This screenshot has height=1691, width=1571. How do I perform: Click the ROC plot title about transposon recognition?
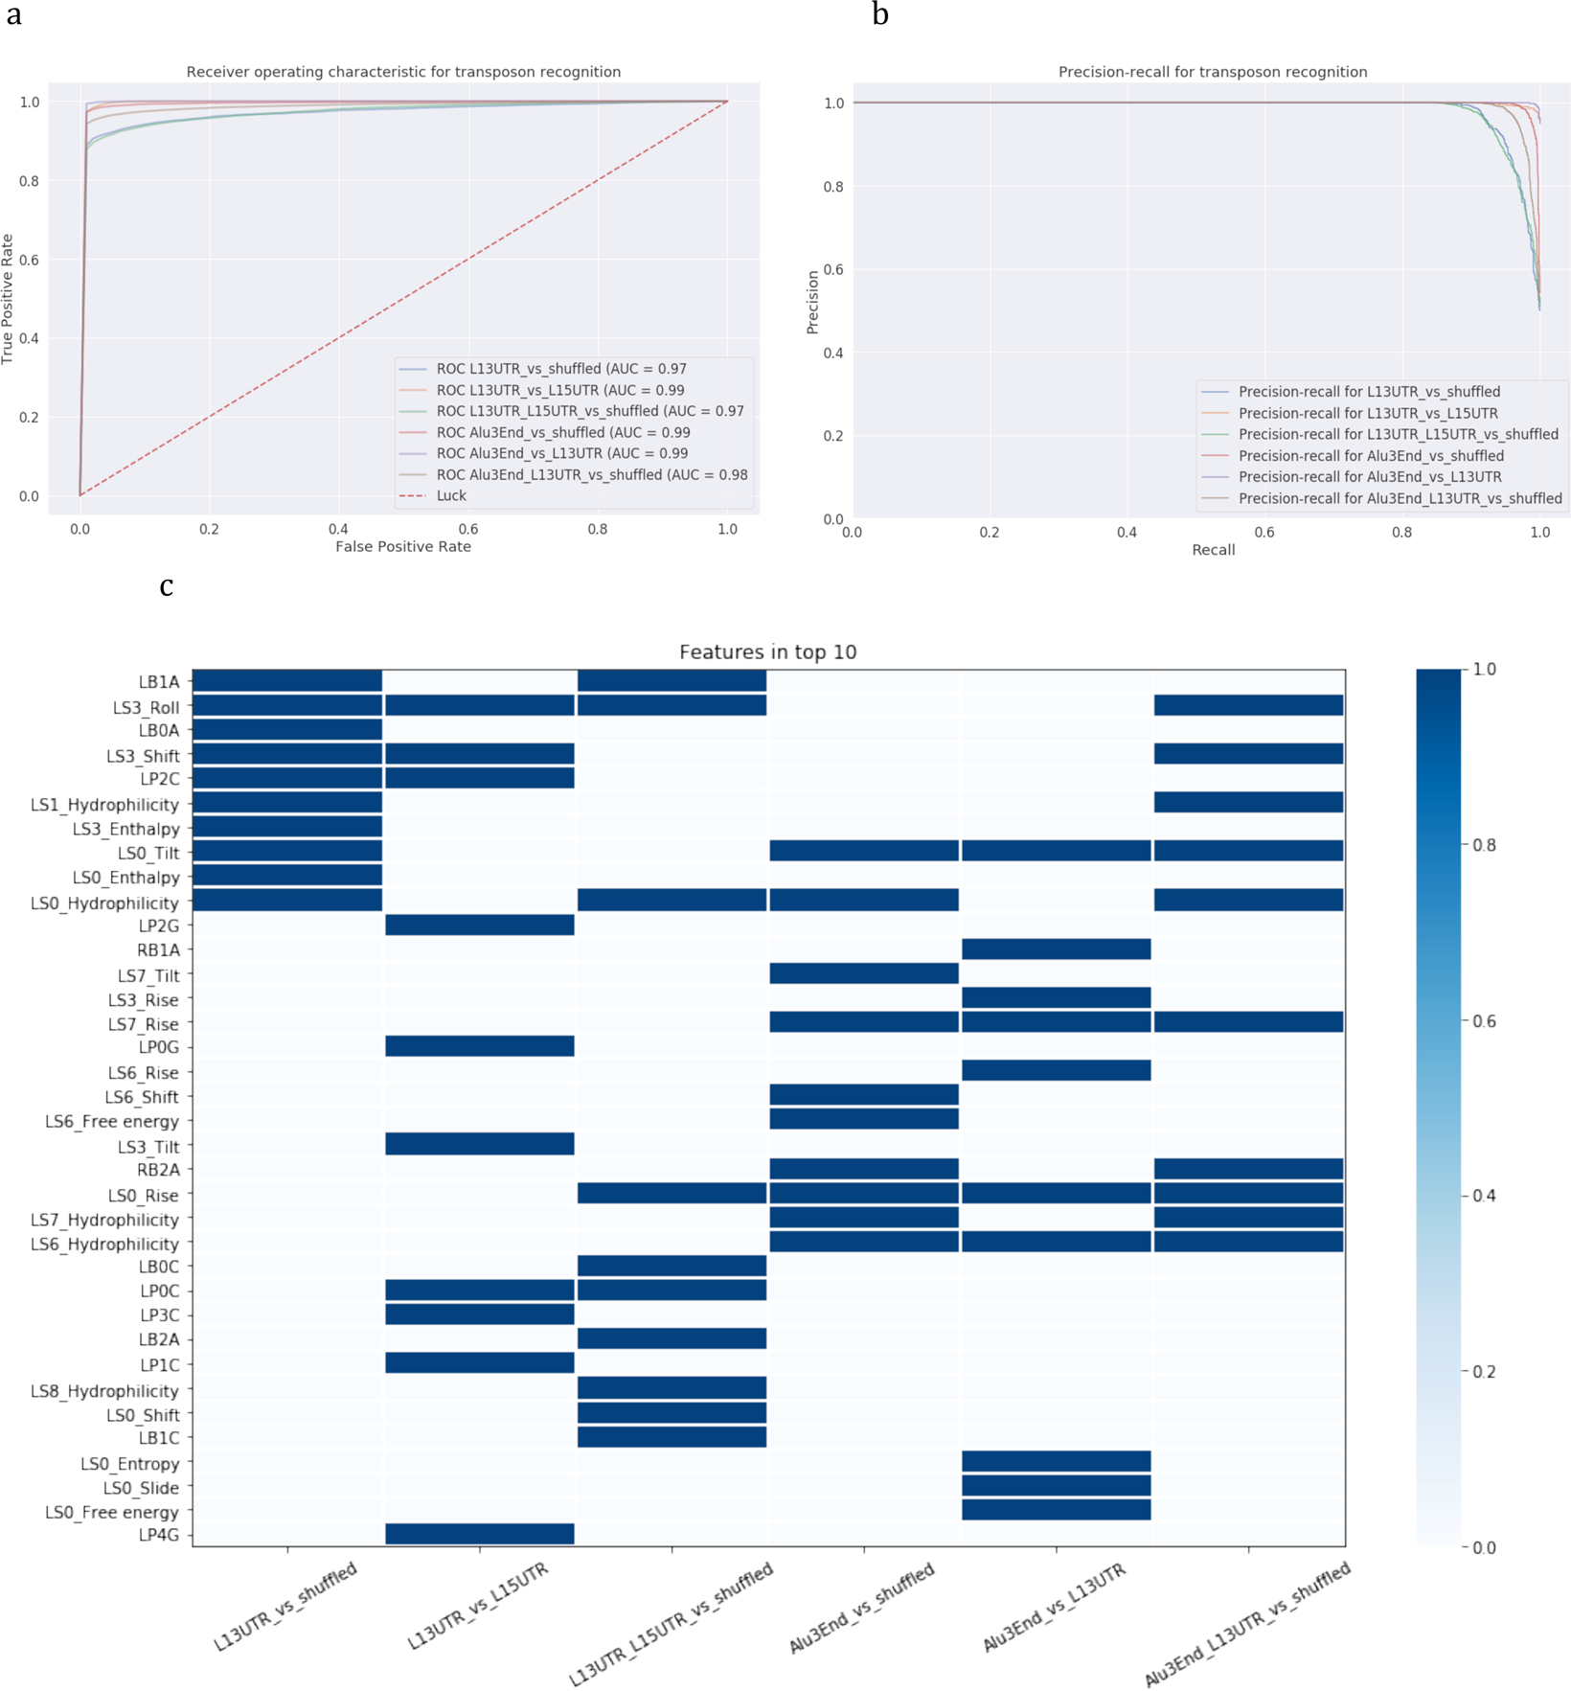tap(403, 72)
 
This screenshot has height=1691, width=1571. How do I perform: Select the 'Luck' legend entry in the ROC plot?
tap(451, 495)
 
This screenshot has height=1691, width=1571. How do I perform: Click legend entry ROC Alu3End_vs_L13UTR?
tap(561, 453)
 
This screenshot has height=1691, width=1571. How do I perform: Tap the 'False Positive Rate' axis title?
tap(403, 546)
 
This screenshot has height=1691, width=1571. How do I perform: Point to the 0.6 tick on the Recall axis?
tap(1264, 533)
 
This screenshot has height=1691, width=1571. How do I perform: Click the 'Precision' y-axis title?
tap(813, 302)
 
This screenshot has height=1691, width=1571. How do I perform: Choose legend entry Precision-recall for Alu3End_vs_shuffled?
tap(1371, 456)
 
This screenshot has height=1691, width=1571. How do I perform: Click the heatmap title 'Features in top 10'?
tap(767, 652)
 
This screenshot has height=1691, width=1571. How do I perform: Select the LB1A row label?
tap(159, 682)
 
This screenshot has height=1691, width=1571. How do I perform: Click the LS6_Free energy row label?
tap(112, 1121)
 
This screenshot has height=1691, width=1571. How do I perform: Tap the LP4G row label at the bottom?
tap(159, 1535)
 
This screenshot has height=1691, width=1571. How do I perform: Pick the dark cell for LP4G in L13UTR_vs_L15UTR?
tap(479, 1533)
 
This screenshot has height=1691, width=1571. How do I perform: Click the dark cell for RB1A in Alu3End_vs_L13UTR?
tap(1056, 949)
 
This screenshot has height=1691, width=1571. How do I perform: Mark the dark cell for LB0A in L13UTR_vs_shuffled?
tap(287, 730)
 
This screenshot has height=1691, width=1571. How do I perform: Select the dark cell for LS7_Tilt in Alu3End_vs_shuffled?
tap(863, 973)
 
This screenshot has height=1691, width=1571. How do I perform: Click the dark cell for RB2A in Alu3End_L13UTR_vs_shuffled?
tap(1248, 1168)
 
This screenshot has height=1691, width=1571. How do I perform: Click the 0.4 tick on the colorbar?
tap(1484, 1196)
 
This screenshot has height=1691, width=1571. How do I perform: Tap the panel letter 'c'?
tap(167, 585)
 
